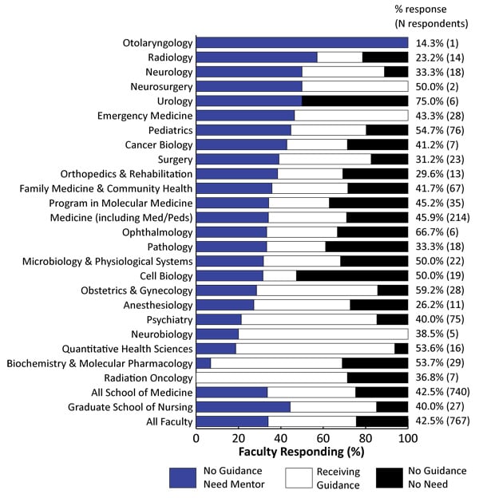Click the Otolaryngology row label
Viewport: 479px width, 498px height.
click(157, 42)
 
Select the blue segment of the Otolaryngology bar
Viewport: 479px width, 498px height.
click(302, 42)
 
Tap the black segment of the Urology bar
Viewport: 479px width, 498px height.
click(354, 101)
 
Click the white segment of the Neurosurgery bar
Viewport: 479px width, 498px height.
click(354, 86)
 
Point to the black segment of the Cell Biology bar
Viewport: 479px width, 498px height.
click(352, 275)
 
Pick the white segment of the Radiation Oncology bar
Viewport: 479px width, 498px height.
click(271, 377)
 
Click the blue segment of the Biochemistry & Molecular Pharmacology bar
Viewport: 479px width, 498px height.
click(204, 362)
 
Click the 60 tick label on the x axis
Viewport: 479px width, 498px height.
click(323, 439)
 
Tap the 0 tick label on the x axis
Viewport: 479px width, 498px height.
click(196, 439)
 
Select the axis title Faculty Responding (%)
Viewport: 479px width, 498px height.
click(302, 453)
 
